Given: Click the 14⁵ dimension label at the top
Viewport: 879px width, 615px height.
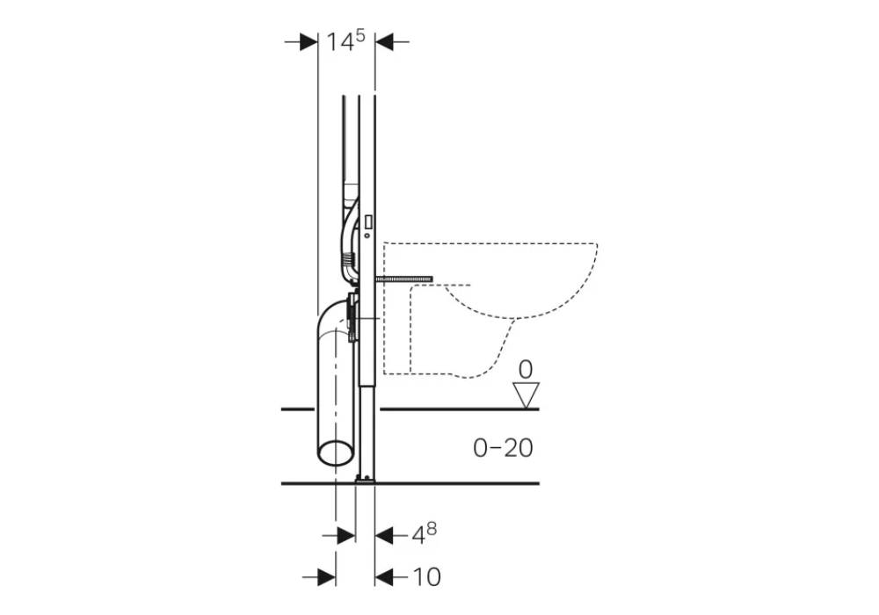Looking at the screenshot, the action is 345,41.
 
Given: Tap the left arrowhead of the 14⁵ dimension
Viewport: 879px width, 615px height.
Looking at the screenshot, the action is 309,41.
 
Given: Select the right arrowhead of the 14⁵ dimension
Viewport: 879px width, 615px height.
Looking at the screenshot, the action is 384,41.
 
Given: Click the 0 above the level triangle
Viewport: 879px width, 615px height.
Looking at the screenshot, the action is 526,370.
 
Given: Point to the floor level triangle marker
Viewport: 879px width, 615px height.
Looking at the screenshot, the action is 527,395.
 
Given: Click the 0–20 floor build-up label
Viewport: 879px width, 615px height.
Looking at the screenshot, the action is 503,447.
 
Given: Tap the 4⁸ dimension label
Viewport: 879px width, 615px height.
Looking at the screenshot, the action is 425,533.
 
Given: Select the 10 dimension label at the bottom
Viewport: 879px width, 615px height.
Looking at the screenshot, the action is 426,577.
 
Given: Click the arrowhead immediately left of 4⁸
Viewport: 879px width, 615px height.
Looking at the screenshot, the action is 384,536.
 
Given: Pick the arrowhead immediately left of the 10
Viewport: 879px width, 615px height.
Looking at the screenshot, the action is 384,577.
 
